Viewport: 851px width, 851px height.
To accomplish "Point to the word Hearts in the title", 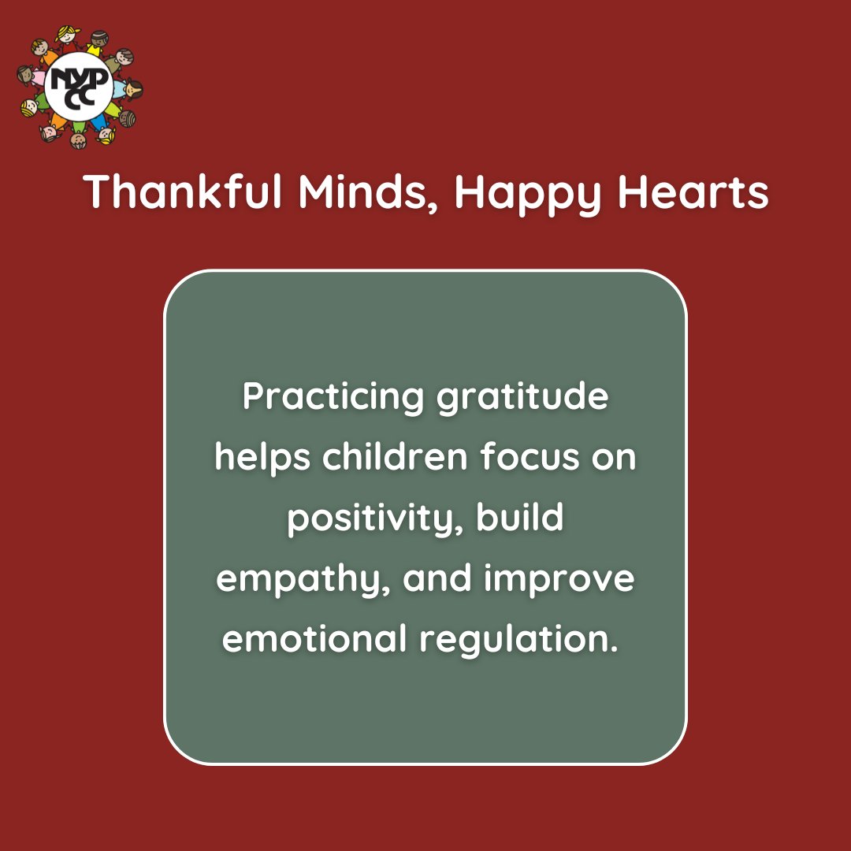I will point(693,191).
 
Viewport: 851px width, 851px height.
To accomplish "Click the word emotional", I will point(314,639).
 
